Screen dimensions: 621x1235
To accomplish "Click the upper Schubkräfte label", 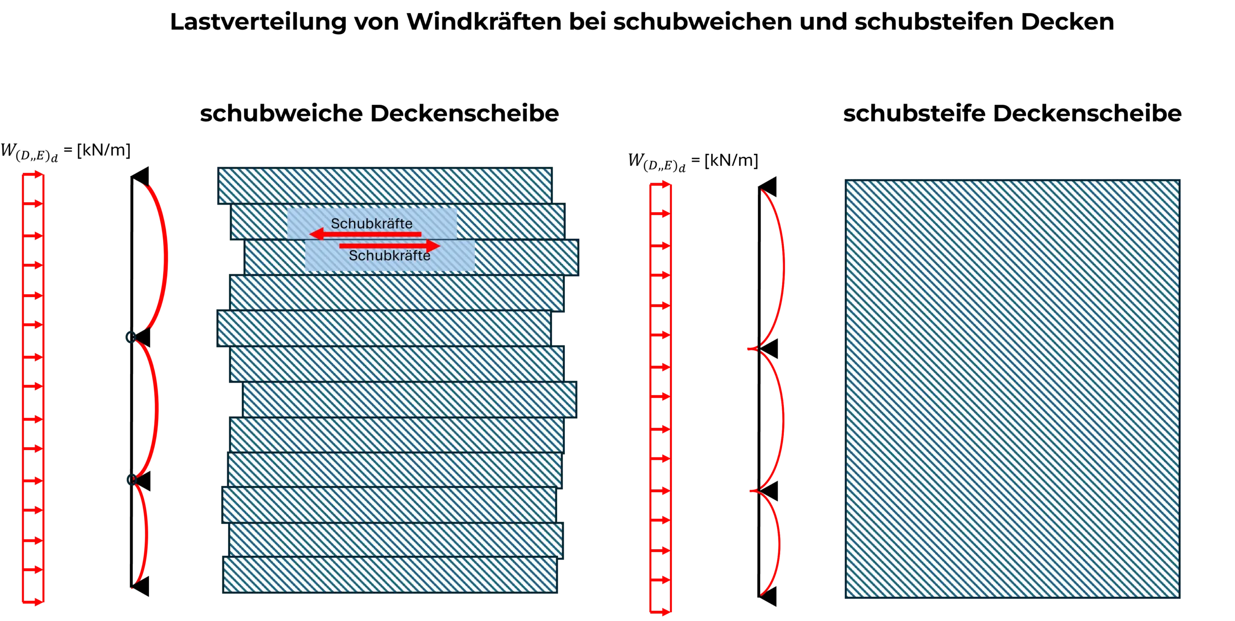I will click(371, 223).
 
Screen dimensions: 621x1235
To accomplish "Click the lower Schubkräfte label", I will click(389, 256).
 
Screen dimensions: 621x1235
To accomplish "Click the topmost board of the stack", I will click(384, 186).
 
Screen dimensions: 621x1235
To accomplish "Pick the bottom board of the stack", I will click(390, 575).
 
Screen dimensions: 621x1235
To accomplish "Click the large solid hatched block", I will click(1012, 389).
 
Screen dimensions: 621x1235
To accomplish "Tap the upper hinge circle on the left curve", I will click(130, 337).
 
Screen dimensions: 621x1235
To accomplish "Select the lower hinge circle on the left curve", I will click(130, 480).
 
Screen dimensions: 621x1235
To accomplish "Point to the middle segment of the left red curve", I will click(155, 408).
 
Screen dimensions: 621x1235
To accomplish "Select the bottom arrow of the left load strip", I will click(33, 601).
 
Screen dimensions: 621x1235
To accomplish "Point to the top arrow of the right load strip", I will click(661, 184).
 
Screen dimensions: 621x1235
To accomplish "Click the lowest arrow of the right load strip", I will click(661, 611).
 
